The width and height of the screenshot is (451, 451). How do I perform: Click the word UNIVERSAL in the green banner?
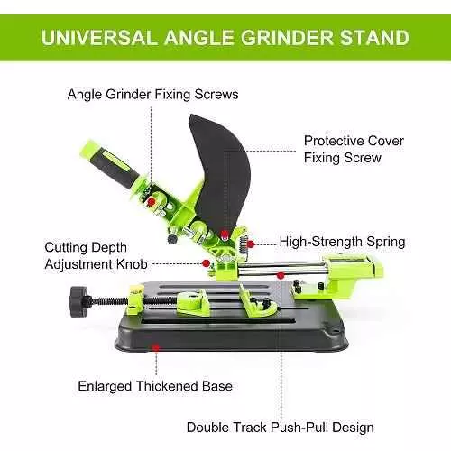pos(99,38)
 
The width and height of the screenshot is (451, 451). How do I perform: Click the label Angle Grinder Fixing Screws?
pos(152,95)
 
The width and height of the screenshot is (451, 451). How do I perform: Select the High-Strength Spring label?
pos(342,242)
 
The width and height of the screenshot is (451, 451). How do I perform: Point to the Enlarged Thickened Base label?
pos(155,386)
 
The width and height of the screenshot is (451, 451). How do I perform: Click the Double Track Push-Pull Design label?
pos(281,428)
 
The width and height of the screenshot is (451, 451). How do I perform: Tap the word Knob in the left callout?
pos(132,264)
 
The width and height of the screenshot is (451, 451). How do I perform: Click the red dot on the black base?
pos(156,348)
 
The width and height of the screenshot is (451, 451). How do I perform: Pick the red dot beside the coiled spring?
pos(251,244)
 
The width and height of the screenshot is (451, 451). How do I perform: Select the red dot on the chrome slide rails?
pos(281,275)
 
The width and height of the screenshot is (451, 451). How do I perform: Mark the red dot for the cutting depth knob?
pos(206,263)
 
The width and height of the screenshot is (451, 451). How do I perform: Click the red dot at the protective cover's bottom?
pos(224,235)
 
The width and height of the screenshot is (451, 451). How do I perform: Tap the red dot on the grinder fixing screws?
pos(152,201)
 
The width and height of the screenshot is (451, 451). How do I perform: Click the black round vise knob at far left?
pos(78,301)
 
